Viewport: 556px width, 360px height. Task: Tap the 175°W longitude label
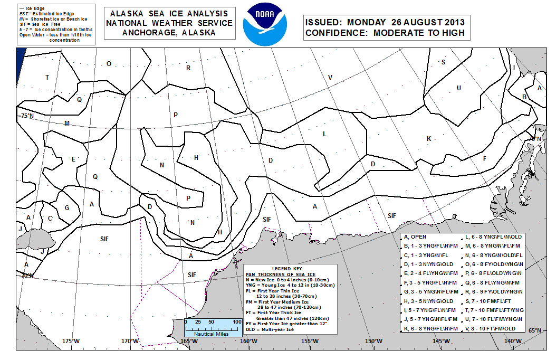[x=71, y=341]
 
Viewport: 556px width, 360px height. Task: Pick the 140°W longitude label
[x=512, y=341]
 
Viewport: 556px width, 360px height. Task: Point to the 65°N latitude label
[x=534, y=331]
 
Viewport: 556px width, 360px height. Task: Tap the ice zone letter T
[x=47, y=78]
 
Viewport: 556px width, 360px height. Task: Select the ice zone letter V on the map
[x=330, y=78]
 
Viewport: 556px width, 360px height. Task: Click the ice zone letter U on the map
[x=459, y=88]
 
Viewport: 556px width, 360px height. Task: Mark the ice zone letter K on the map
[x=429, y=138]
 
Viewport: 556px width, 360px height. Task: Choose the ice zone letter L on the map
[x=325, y=134]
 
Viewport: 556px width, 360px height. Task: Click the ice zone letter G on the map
[x=67, y=207]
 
